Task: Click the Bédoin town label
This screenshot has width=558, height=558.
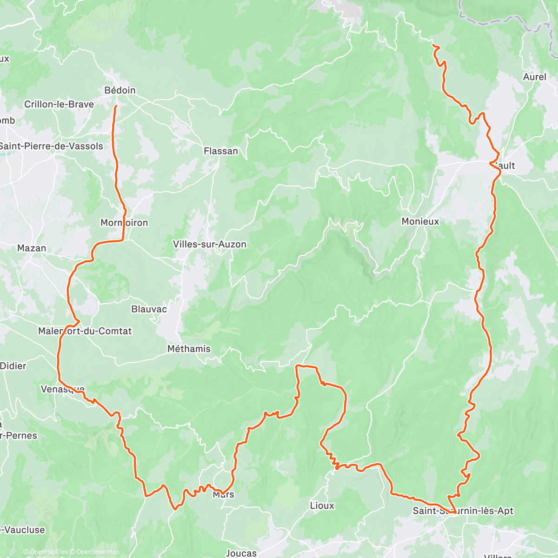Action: pos(120,90)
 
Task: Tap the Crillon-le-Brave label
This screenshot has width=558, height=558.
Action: pos(59,104)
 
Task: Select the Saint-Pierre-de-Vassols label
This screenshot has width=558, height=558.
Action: pos(51,146)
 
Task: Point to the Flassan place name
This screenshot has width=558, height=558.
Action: pos(221,151)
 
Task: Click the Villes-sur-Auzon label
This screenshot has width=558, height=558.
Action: pos(210,244)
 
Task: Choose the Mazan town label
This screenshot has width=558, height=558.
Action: pos(32,248)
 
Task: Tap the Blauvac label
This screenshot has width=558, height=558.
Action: pos(149,309)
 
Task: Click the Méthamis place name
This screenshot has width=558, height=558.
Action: pos(189,349)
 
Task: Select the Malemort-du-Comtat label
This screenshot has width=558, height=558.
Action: pos(85,331)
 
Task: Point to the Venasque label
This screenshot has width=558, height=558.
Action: pos(63,389)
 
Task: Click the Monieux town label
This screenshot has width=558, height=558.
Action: pos(420,221)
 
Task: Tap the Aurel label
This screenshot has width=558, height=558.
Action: pos(535,77)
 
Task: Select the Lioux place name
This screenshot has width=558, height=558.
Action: pos(322,505)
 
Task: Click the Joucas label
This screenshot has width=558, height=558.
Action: pos(241,553)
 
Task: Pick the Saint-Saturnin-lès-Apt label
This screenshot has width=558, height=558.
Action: pos(463,511)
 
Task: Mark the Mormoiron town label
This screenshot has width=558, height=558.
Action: pos(124,223)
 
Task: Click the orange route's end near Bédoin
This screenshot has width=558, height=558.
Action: pos(115,106)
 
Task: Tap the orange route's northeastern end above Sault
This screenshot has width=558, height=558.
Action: pos(433,45)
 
